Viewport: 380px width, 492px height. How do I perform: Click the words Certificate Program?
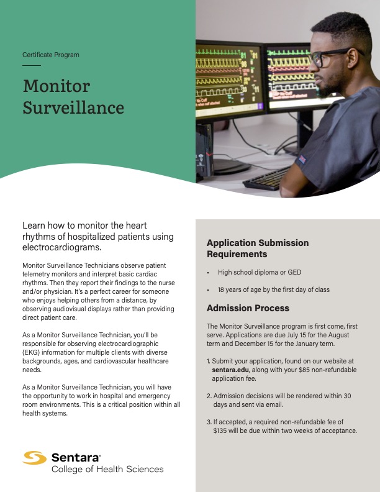[x=51, y=55]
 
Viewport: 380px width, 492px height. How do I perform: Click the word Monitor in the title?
[x=57, y=86]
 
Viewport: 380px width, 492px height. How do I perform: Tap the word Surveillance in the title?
[x=73, y=107]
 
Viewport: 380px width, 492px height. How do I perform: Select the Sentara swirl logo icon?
[x=35, y=458]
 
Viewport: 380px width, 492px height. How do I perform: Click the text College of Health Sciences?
[x=107, y=469]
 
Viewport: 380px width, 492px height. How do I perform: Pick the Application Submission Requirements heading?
[x=257, y=248]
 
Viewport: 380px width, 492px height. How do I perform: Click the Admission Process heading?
[x=248, y=308]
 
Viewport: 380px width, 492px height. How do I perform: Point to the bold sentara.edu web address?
[x=230, y=369]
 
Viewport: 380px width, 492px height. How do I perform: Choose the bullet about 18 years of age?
[x=273, y=290]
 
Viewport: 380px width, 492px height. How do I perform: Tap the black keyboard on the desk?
[x=267, y=178]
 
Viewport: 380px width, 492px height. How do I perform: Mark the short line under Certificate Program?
[x=31, y=65]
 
